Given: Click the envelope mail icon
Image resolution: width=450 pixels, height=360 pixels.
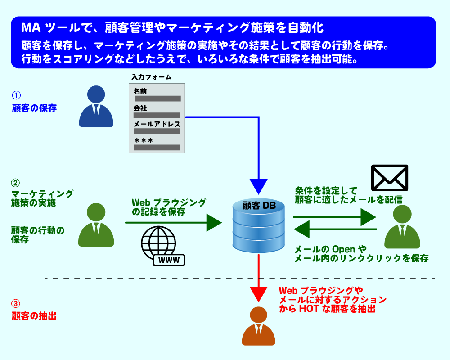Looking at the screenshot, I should pyautogui.click(x=389, y=178).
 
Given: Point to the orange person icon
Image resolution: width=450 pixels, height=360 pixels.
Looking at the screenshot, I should pyautogui.click(x=258, y=326).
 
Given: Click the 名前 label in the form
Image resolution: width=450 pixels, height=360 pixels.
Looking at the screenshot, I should pyautogui.click(x=140, y=91).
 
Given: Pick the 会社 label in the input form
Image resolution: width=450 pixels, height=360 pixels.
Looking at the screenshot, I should pyautogui.click(x=140, y=108).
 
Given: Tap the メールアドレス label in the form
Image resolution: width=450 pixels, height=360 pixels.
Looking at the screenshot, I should pyautogui.click(x=157, y=124).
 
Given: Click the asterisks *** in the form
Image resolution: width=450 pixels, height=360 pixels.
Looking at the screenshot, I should pyautogui.click(x=144, y=141).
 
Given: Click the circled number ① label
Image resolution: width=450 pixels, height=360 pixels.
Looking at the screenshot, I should pyautogui.click(x=16, y=95).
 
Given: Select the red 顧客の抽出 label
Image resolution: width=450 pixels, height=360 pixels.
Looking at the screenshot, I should pyautogui.click(x=34, y=316).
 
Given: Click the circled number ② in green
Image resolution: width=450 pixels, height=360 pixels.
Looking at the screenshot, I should pyautogui.click(x=16, y=183).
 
